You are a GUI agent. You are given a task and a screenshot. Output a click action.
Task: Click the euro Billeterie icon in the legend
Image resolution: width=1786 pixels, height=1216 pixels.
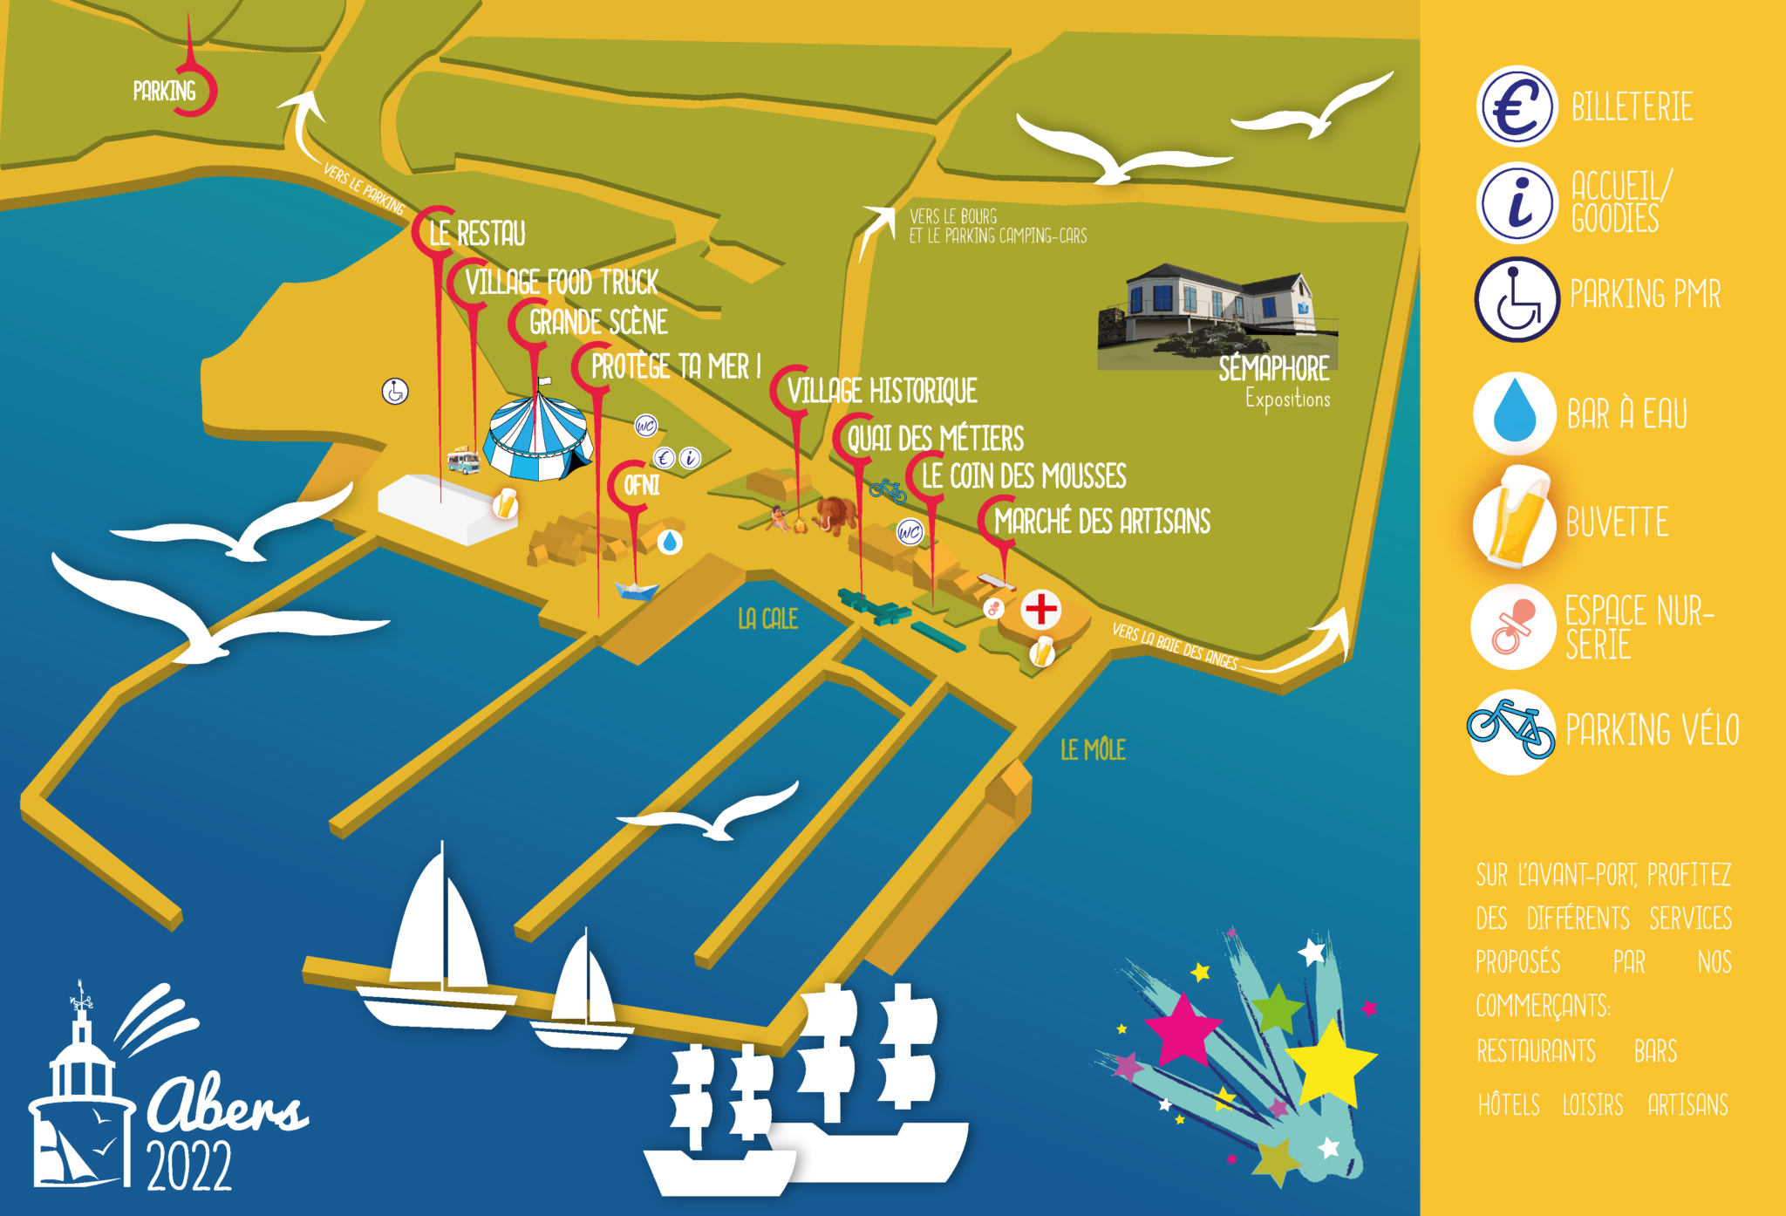[1517, 106]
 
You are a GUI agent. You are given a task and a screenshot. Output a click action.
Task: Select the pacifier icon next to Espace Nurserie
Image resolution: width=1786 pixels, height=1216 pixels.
[1513, 627]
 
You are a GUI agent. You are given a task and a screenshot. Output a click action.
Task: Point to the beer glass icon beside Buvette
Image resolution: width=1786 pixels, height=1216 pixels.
[1515, 522]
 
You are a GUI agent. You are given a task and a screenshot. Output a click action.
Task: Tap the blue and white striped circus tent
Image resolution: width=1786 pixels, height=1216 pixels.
[537, 436]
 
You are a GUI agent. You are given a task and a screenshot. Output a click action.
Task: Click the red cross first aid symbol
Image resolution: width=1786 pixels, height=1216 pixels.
[1040, 609]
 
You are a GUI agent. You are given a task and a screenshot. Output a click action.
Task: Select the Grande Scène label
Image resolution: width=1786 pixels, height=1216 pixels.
[598, 323]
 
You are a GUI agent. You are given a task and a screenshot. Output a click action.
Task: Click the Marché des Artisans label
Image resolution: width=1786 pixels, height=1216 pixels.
[1102, 522]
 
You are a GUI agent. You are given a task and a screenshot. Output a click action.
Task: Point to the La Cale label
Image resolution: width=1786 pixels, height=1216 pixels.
[767, 618]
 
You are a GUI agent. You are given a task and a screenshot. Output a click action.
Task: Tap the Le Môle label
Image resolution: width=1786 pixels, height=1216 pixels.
[1093, 749]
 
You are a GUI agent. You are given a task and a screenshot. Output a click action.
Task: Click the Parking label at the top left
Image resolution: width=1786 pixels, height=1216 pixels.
[164, 91]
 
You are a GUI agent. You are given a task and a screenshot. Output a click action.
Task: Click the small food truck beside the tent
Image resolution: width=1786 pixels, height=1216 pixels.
[463, 460]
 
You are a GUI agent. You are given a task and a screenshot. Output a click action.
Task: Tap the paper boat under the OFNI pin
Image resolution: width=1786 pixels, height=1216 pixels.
[637, 591]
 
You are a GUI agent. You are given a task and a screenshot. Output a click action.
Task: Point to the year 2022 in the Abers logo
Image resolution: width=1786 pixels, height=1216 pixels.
[189, 1166]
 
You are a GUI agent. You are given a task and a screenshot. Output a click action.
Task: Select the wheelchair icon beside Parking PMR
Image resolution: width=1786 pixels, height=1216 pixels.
[1517, 299]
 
